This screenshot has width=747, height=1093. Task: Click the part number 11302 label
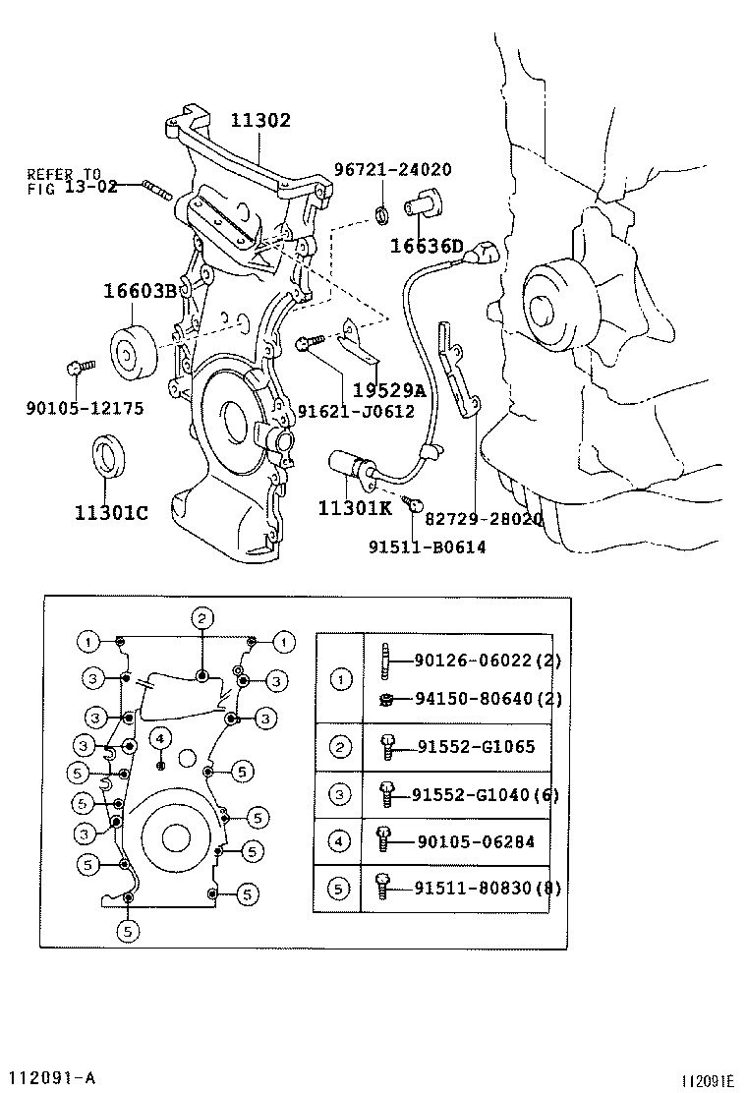point(260,121)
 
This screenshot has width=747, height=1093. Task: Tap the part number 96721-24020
point(392,169)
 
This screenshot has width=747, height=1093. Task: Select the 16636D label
point(426,246)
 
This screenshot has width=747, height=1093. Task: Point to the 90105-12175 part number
point(85,407)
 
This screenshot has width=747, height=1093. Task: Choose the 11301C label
point(111,512)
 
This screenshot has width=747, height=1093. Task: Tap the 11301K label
point(355,507)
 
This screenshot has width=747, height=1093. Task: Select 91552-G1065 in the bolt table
point(474,747)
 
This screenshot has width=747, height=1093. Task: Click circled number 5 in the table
point(340,889)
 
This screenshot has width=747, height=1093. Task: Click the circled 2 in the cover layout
point(201,618)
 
